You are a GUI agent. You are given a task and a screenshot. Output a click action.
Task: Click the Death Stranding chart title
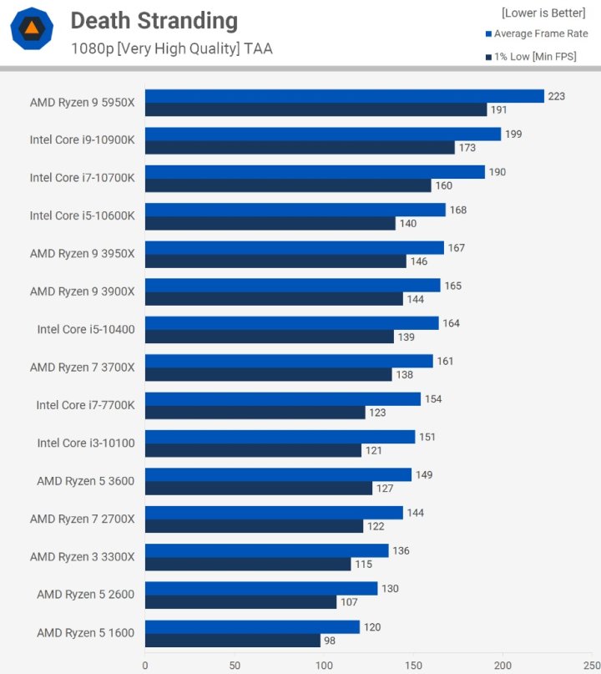pyautogui.click(x=154, y=21)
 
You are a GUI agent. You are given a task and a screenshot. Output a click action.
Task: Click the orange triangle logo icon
pyautogui.click(x=32, y=28)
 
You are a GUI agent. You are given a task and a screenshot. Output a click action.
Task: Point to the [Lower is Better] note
pyautogui.click(x=543, y=13)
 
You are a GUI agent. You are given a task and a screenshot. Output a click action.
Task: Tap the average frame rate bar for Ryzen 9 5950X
pyautogui.click(x=344, y=96)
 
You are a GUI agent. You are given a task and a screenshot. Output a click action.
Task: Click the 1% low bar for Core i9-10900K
pyautogui.click(x=300, y=148)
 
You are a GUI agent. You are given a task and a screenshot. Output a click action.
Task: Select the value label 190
pyautogui.click(x=497, y=172)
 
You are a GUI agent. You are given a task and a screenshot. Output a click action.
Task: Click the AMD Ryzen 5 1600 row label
pyautogui.click(x=85, y=633)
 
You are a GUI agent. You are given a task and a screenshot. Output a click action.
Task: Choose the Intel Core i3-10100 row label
pyautogui.click(x=85, y=443)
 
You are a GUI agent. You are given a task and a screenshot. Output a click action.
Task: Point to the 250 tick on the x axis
pyautogui.click(x=592, y=666)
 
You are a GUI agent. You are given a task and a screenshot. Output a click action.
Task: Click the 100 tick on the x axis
pyautogui.click(x=324, y=666)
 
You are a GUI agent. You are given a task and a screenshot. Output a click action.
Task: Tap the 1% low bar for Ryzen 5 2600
pyautogui.click(x=240, y=602)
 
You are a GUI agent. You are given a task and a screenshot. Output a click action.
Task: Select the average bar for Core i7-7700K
pyautogui.click(x=282, y=399)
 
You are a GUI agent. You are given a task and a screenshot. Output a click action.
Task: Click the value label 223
pyautogui.click(x=556, y=96)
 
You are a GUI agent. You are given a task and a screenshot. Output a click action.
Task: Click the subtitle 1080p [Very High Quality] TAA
pyautogui.click(x=171, y=48)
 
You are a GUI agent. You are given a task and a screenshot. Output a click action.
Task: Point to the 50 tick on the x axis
pyautogui.click(x=235, y=666)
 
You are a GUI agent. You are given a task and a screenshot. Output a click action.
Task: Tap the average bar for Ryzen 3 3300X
pyautogui.click(x=266, y=550)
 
